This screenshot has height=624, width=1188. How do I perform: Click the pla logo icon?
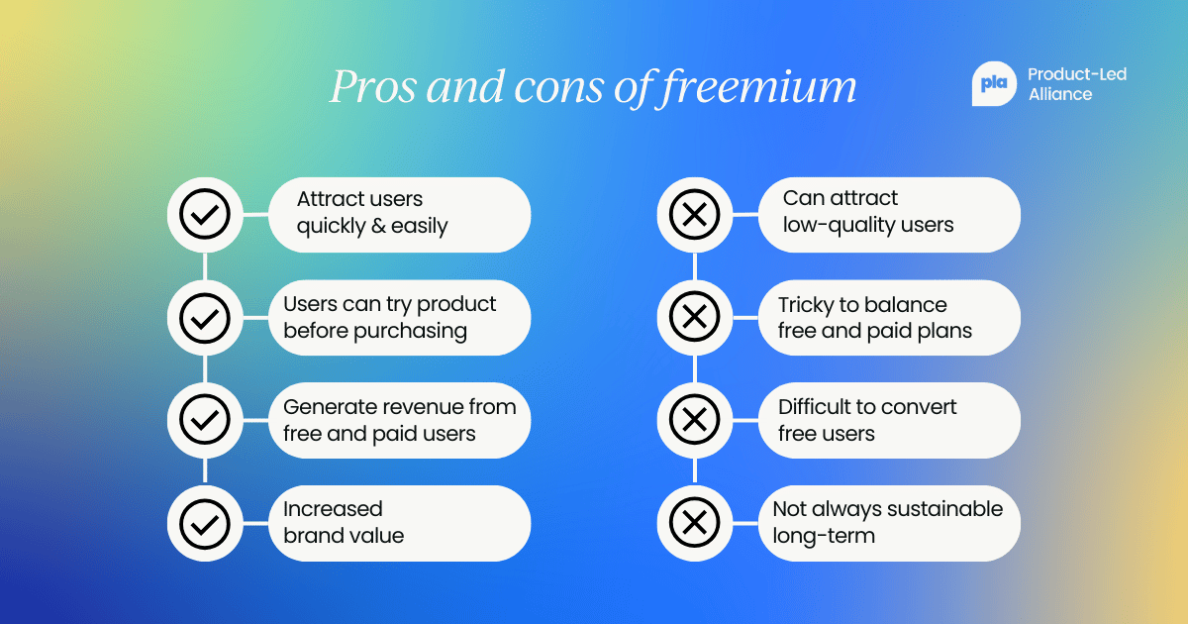coord(993,84)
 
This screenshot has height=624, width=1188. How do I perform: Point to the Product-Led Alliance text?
coord(1077,84)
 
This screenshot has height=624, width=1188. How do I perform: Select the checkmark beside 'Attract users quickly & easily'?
coord(205,214)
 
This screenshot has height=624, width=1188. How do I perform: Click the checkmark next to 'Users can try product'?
coord(205,317)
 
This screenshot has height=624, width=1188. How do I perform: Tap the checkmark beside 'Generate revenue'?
coord(205,420)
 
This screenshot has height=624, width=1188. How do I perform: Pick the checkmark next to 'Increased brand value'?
coord(205,523)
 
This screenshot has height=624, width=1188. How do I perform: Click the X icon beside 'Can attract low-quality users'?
coord(694,214)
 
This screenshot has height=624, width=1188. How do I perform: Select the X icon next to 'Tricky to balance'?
coord(694,317)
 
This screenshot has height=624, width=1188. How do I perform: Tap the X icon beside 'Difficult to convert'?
coord(694,420)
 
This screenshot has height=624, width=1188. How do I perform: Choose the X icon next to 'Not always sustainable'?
coord(694,523)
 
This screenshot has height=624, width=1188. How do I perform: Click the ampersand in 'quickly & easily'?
coord(377,226)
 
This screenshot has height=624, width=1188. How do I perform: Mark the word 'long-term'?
coord(824,536)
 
